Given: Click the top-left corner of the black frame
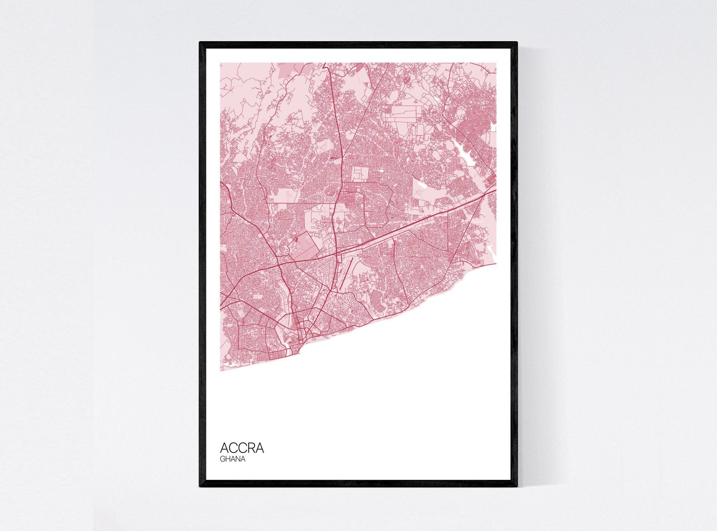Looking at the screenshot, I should [200, 43].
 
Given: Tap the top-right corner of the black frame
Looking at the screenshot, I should [517, 43].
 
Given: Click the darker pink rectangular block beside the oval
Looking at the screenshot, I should [305, 247].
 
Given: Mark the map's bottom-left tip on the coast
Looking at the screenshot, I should [221, 370].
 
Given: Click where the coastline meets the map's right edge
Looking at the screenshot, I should [496, 262].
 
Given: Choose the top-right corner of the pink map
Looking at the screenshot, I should [496, 63].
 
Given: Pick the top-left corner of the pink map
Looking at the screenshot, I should [220, 63].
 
